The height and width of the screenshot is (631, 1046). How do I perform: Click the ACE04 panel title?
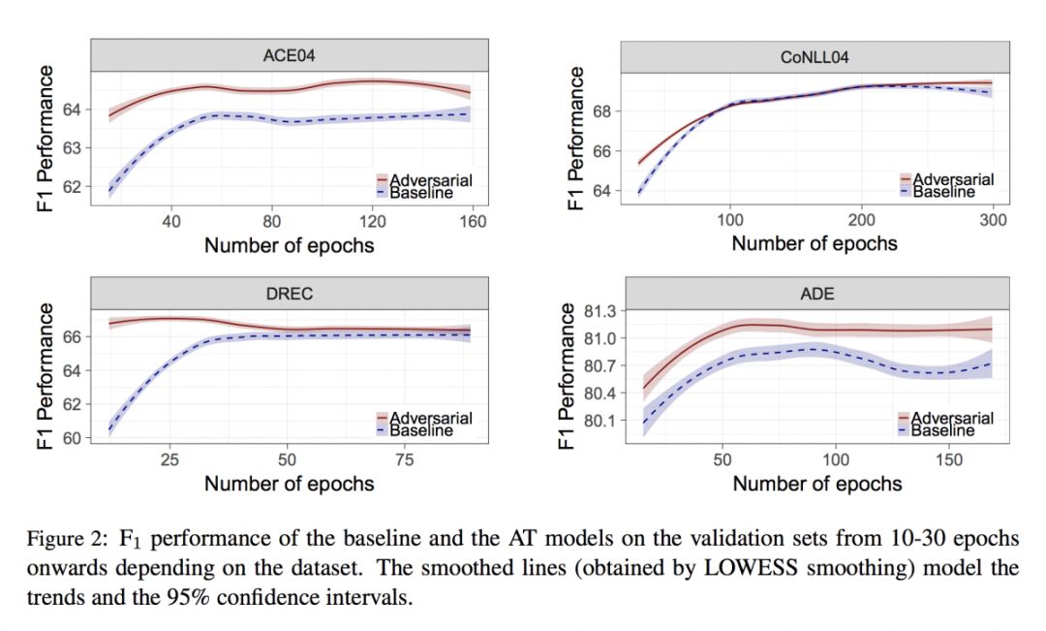click(288, 56)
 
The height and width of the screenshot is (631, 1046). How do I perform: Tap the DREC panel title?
click(288, 294)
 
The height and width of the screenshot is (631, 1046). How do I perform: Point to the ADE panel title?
click(817, 294)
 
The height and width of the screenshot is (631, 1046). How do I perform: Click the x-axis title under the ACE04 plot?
click(288, 244)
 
